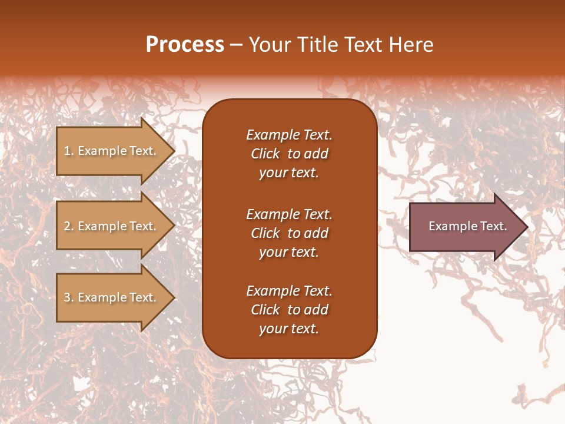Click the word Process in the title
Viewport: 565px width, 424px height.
pos(185,45)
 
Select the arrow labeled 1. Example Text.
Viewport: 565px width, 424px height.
pos(112,151)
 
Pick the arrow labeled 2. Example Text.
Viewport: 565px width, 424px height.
pos(112,226)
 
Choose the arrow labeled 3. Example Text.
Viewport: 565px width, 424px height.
pos(112,297)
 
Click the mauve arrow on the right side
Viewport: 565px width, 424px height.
pos(465,226)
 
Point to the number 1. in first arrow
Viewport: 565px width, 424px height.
pos(69,151)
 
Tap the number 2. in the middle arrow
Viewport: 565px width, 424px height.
pos(69,226)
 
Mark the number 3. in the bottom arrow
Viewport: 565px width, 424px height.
pos(69,297)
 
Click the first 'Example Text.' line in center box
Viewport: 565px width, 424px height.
pos(289,135)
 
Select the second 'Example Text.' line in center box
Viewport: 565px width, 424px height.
pos(289,214)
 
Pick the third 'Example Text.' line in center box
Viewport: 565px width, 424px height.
pos(289,291)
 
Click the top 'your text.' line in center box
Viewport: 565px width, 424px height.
pos(289,173)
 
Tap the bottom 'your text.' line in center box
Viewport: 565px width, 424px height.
pos(289,329)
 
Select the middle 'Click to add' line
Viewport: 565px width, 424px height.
pos(289,233)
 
